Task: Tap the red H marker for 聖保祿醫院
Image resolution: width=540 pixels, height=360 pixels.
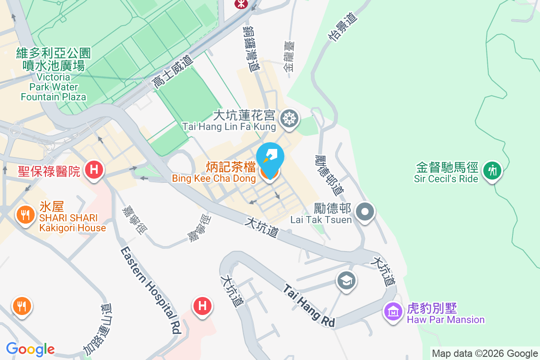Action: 94,170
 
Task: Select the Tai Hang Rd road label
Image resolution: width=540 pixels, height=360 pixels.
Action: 310,305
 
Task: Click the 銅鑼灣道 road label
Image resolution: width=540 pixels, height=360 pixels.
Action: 252,49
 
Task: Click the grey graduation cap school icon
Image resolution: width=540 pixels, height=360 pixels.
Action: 346,281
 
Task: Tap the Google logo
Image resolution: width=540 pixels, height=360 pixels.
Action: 30,349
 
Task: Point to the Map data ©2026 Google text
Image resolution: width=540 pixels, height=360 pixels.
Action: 485,353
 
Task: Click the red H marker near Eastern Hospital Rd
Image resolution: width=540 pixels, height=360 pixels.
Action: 202,306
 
